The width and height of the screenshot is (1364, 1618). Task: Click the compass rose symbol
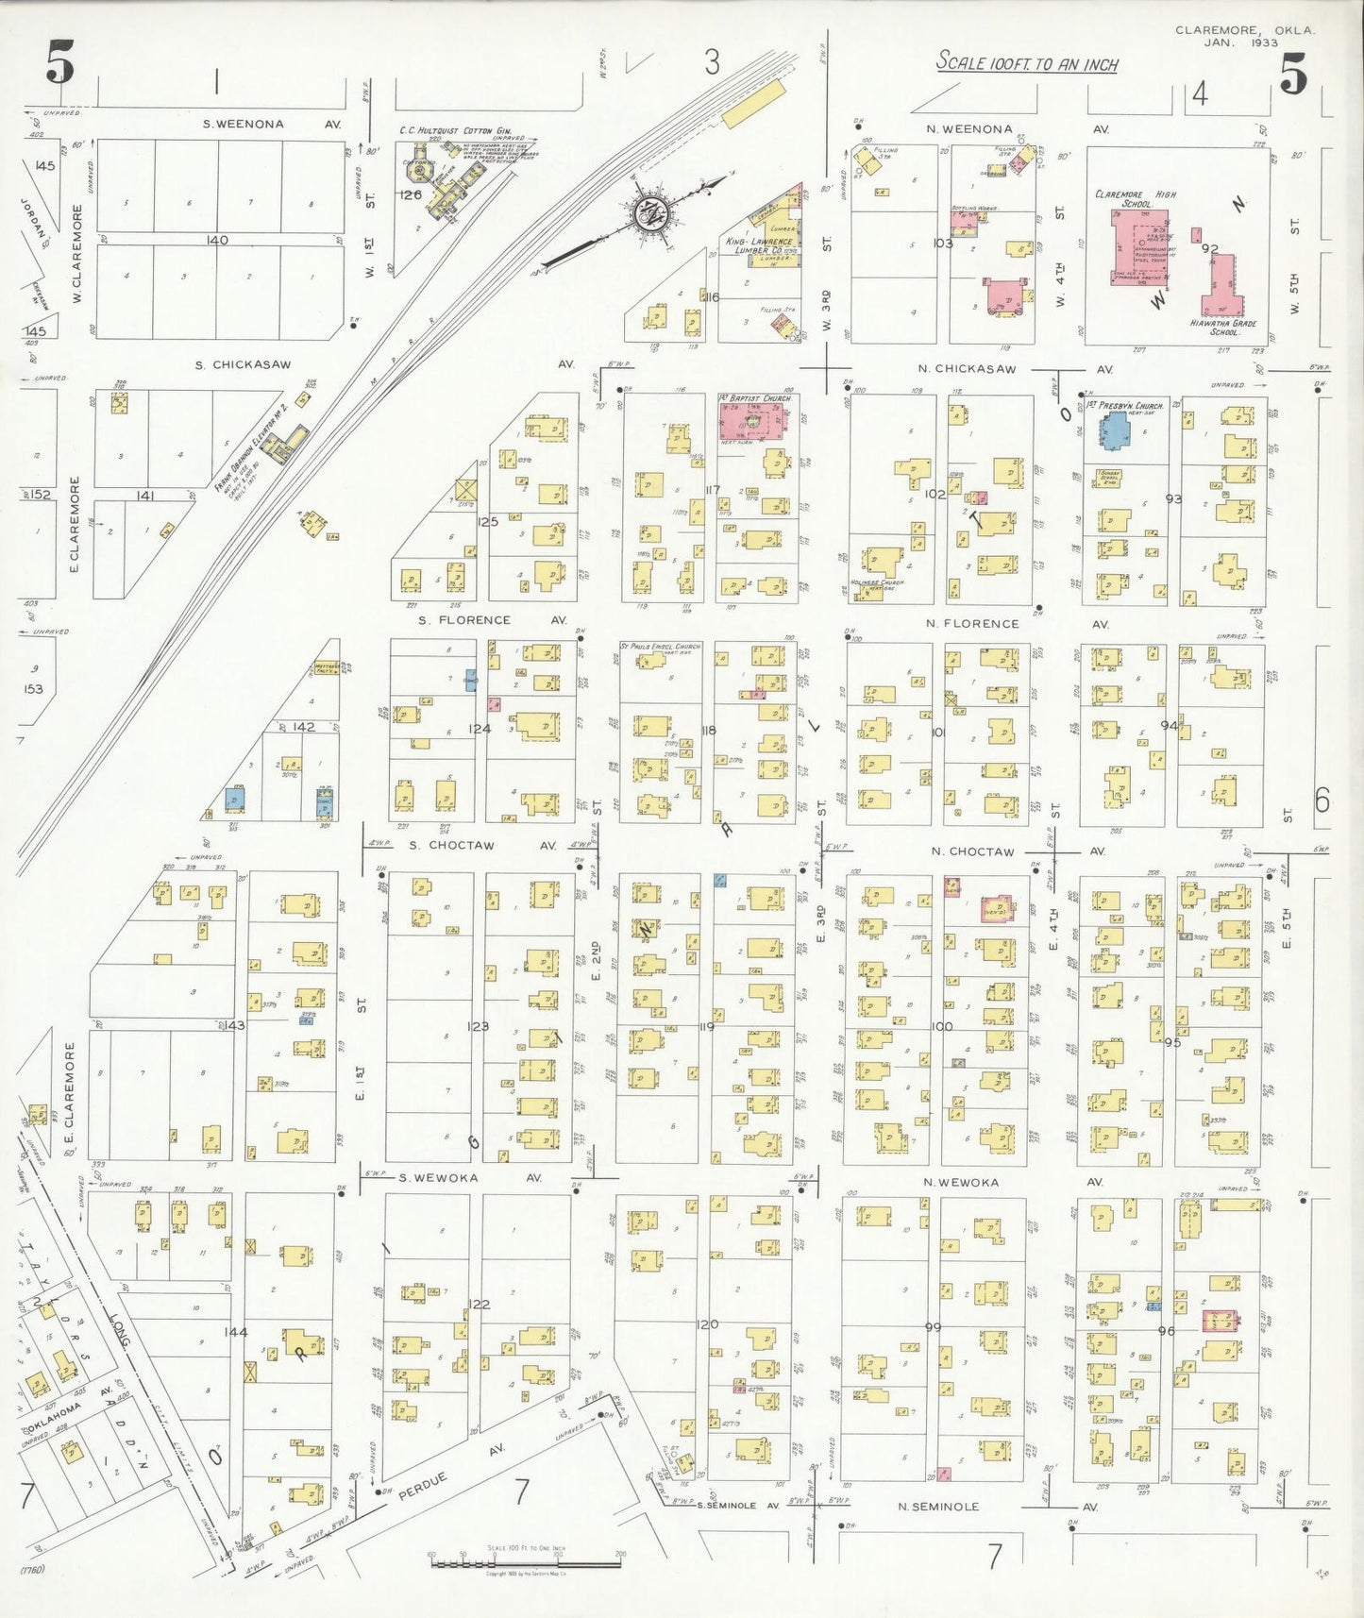(x=649, y=213)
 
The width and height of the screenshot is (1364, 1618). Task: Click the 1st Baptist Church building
(x=753, y=418)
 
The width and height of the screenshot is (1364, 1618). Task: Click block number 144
(x=235, y=1332)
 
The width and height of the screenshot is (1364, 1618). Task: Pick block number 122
(x=479, y=1305)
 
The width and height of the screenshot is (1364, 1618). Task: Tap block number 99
(x=933, y=1327)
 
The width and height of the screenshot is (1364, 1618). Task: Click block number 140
(x=217, y=241)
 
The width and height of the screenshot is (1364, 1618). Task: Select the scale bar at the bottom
(x=525, y=1563)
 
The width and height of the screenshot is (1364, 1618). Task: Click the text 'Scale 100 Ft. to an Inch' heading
(x=1026, y=63)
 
